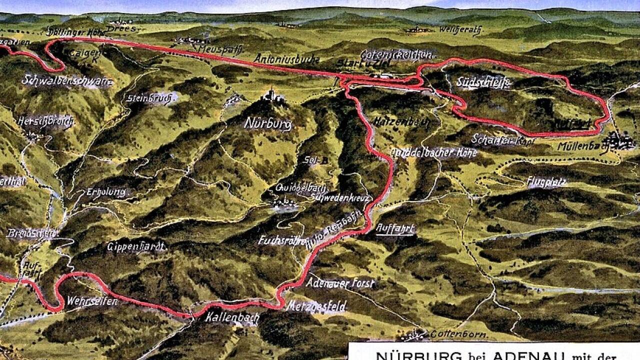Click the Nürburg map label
coord(268,123)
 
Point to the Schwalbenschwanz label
coord(66,81)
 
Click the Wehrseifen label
coord(92,301)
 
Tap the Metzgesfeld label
coord(316,306)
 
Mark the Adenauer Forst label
coord(340,283)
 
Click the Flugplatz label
coord(546,182)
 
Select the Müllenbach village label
coord(582,147)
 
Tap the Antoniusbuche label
coord(286,59)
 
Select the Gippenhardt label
coord(136,246)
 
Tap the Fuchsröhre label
coord(282,241)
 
